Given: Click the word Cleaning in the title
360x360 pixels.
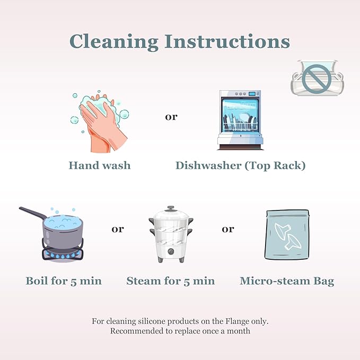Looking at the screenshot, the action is (x=114, y=41).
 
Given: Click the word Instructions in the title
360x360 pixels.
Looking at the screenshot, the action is (x=227, y=41).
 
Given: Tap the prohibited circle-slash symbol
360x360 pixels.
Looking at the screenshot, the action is (x=317, y=79).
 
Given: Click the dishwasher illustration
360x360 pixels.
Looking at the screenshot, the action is (x=240, y=120).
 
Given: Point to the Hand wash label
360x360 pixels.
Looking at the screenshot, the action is (x=100, y=165).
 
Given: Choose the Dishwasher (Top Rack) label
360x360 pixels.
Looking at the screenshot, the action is (x=240, y=166).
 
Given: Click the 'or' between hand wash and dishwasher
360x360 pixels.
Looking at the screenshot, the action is (x=171, y=117).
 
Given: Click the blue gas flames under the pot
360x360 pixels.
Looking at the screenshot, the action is (x=63, y=255).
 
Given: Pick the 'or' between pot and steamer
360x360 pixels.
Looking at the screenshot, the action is (x=118, y=229).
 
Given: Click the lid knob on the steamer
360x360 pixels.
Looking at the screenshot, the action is (x=170, y=208).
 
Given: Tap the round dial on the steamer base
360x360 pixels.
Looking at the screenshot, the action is (x=171, y=251).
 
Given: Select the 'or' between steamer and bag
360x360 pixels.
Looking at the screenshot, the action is (x=228, y=229).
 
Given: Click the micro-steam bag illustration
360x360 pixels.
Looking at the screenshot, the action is (x=287, y=234).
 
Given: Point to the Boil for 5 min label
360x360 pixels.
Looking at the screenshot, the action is (x=64, y=281).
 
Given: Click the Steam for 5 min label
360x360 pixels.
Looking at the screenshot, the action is (x=171, y=281).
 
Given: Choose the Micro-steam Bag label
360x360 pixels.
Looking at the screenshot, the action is (x=287, y=281).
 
